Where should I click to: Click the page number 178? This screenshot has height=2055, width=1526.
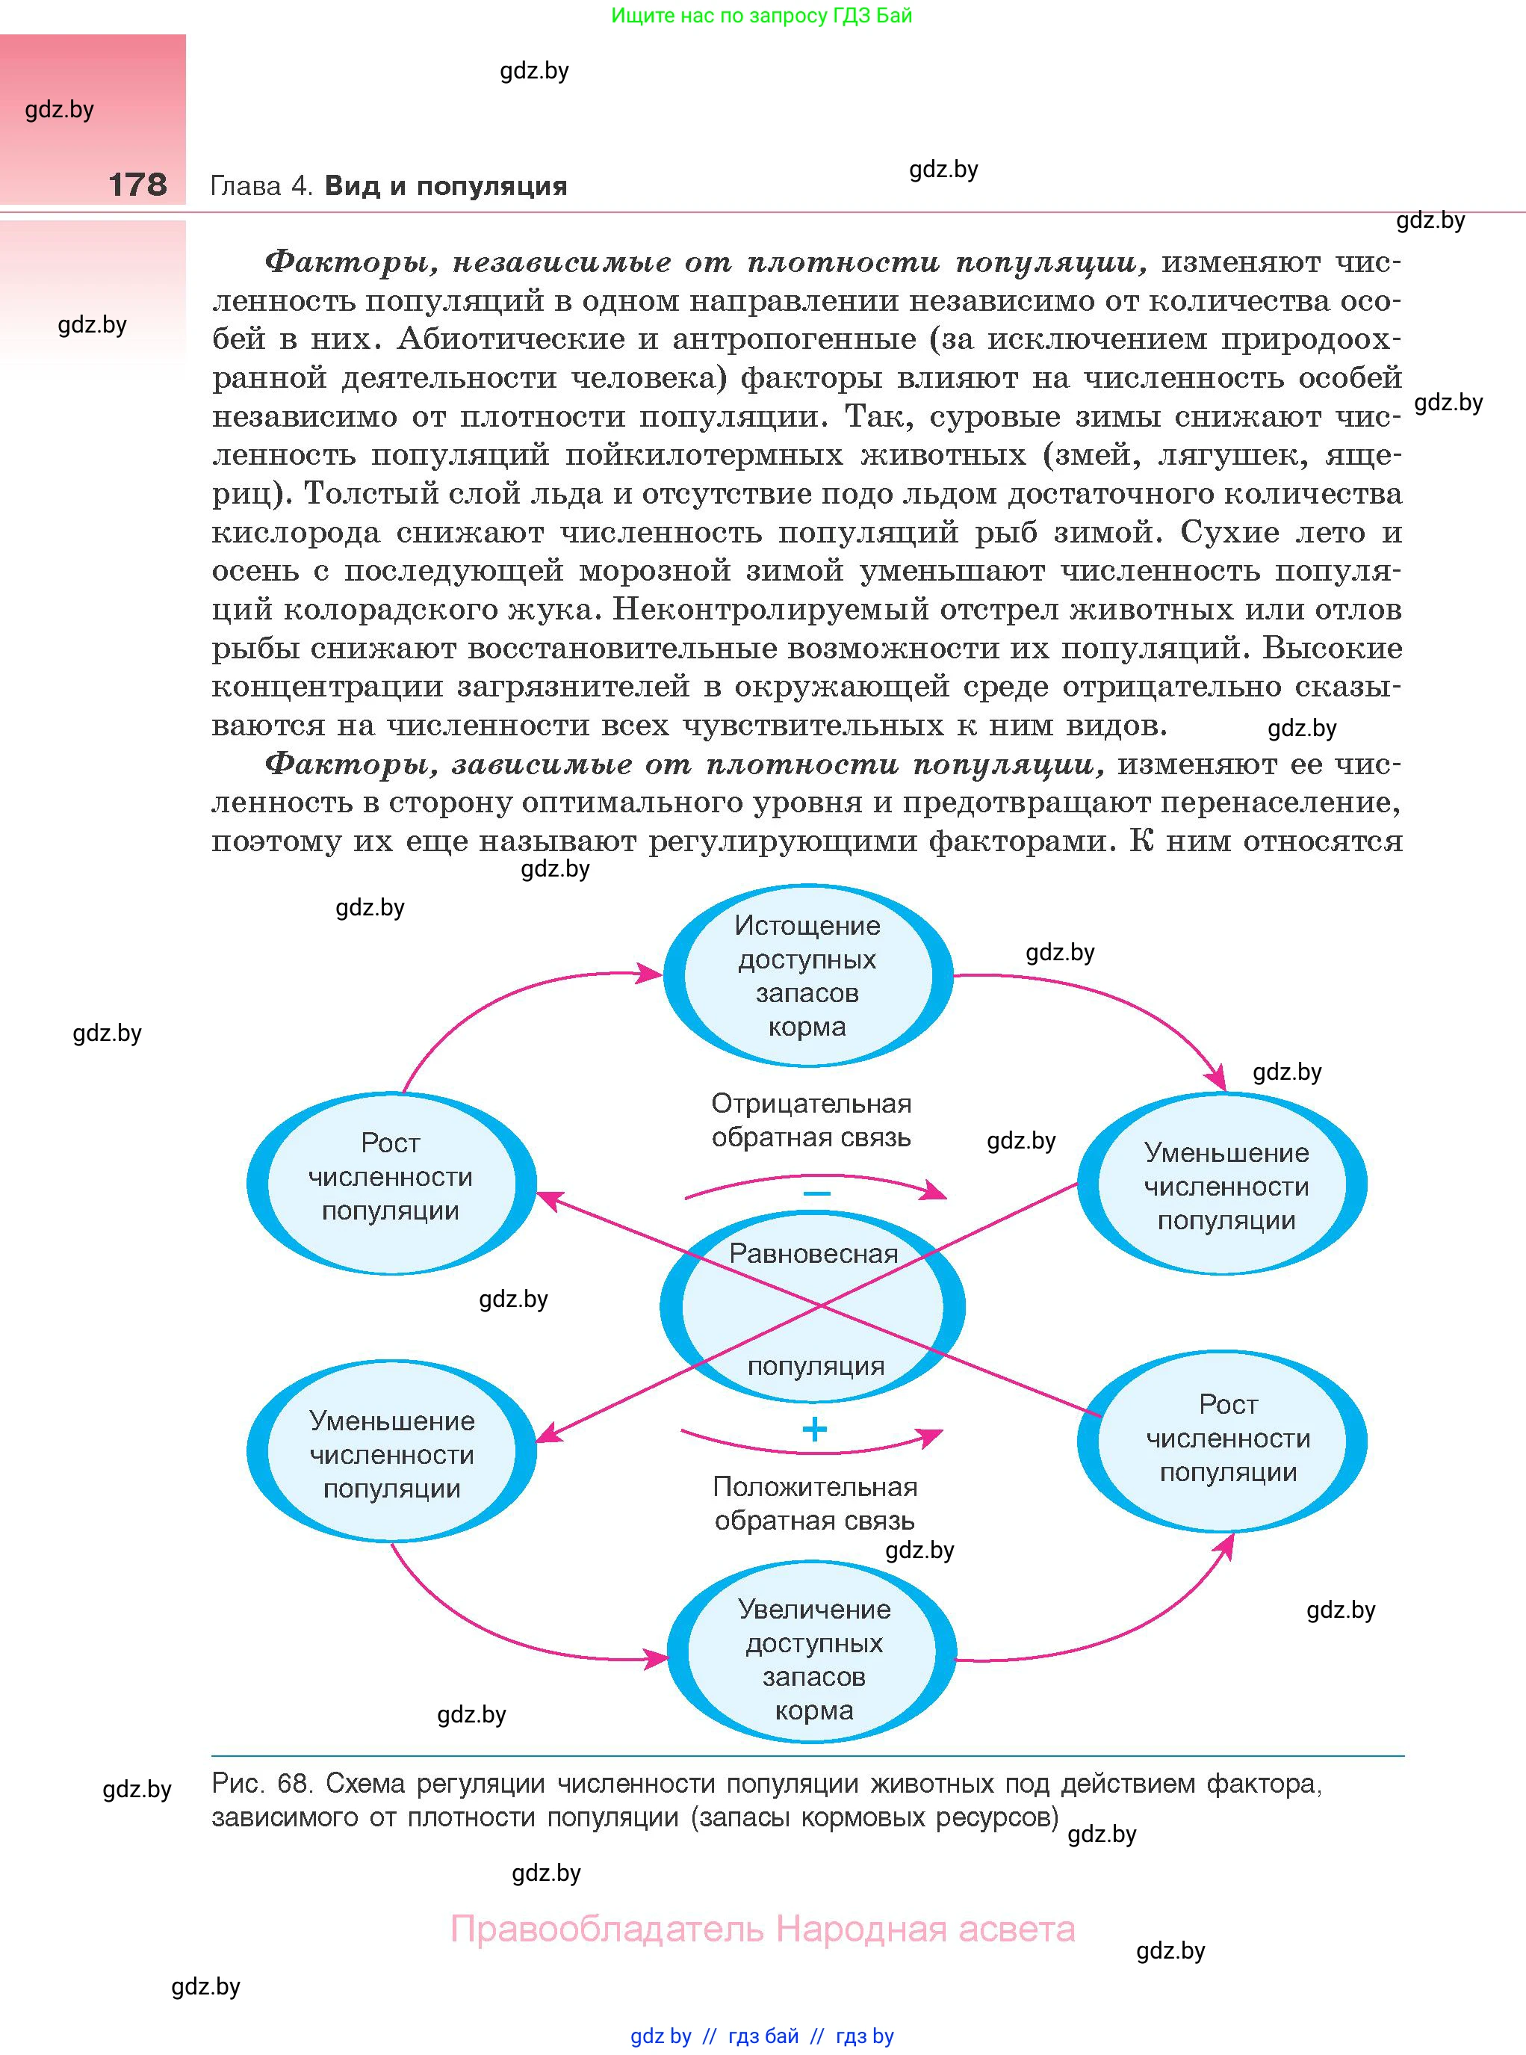pos(137,185)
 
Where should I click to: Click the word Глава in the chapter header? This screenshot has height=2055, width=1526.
pos(246,187)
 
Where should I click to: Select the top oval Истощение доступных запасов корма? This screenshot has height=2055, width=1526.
pos(807,976)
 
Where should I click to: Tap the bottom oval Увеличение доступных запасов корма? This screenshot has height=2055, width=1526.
pos(813,1659)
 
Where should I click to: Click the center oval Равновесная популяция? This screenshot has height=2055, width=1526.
pos(813,1308)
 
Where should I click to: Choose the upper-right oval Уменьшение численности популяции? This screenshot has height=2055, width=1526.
pos(1225,1185)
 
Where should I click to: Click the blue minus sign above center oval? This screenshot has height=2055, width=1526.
pos(816,1194)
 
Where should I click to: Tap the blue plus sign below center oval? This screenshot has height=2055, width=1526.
pos(814,1430)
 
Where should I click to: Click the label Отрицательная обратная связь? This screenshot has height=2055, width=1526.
pos(810,1121)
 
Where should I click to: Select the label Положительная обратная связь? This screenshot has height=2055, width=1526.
pos(814,1504)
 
